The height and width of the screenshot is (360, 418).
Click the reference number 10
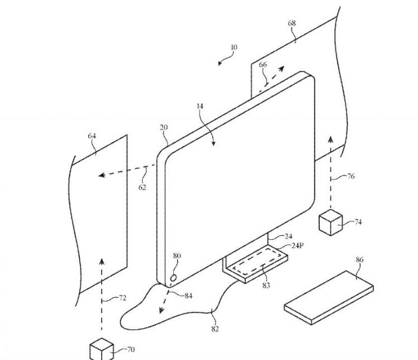pos(233,48)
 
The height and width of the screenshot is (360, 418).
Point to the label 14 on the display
pos(200,105)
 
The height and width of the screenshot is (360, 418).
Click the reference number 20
pos(163,127)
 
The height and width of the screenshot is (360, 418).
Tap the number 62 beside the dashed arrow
pos(142,187)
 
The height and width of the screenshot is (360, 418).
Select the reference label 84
pos(188,295)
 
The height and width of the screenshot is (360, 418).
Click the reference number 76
pos(350,177)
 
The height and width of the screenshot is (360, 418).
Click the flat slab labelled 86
pos(329,296)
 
